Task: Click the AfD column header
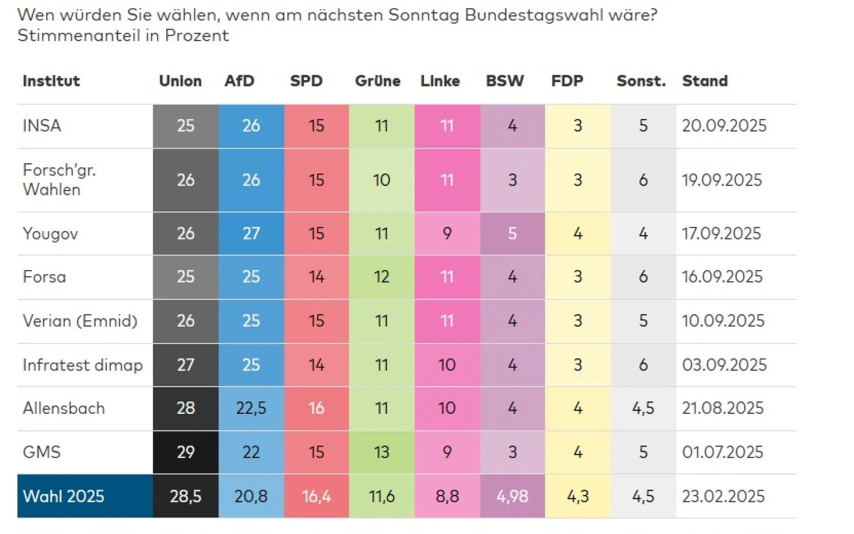(x=239, y=81)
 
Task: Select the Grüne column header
(x=377, y=81)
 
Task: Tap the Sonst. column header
(x=641, y=81)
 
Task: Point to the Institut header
(x=51, y=81)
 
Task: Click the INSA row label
(x=42, y=125)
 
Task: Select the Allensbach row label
(x=64, y=408)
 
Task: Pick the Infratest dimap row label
(x=83, y=365)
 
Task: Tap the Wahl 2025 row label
(x=63, y=496)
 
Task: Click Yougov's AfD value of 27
(x=251, y=233)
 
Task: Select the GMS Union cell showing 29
(x=185, y=452)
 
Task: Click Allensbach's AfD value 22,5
(x=251, y=408)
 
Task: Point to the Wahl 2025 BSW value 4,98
(x=512, y=496)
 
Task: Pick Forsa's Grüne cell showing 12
(x=381, y=277)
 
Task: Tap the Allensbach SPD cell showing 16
(x=316, y=408)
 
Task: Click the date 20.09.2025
(x=724, y=125)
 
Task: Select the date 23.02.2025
(x=723, y=496)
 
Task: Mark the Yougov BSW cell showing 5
(x=512, y=233)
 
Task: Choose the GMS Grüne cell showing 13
(x=381, y=452)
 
